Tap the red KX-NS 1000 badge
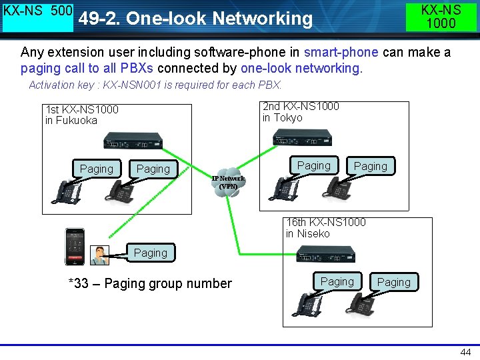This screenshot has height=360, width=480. click(x=441, y=16)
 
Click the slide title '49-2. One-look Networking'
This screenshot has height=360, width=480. click(x=195, y=19)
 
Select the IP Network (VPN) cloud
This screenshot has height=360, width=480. click(x=228, y=180)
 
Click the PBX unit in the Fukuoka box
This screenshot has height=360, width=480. click(x=133, y=141)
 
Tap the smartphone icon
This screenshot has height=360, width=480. click(x=75, y=247)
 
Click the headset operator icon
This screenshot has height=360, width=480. click(x=101, y=255)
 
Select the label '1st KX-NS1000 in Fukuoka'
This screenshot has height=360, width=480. click(x=81, y=115)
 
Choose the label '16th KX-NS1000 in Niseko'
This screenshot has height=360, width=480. click(x=325, y=228)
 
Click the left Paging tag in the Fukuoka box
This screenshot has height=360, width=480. click(x=97, y=169)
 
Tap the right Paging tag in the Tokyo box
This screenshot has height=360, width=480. click(x=371, y=166)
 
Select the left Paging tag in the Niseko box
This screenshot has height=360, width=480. click(x=337, y=281)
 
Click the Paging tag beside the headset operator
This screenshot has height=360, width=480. click(x=151, y=253)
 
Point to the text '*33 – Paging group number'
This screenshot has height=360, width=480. click(x=150, y=283)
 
